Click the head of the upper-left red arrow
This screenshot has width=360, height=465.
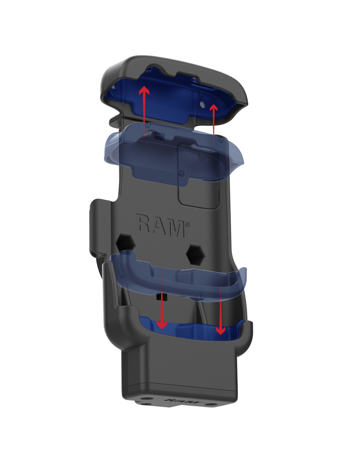click(144, 91)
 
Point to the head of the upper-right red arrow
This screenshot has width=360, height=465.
click(213, 108)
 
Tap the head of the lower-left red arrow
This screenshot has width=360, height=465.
click(162, 325)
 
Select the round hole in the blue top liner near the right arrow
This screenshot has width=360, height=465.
click(202, 104)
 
